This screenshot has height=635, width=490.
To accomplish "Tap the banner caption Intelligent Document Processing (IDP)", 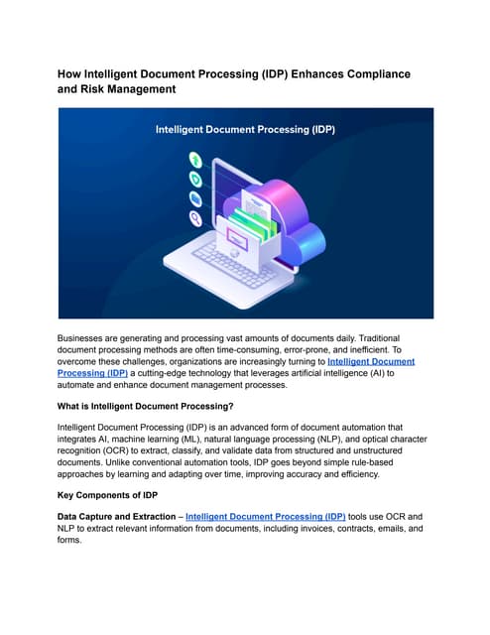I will coord(244,130).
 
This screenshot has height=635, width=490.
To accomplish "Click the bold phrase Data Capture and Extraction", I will coord(119,517).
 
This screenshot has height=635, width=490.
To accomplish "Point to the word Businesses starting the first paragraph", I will coord(88,338).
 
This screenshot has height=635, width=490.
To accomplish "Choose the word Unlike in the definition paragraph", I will coord(124,461).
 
